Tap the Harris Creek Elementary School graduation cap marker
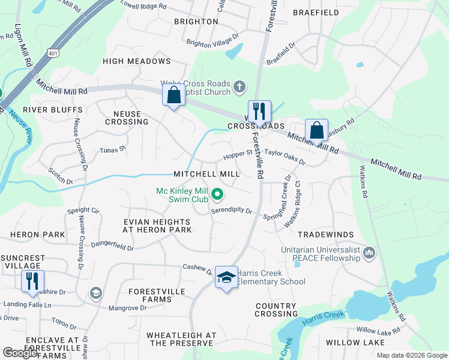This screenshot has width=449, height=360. point(226,277)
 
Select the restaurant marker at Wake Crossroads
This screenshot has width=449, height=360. point(259,112)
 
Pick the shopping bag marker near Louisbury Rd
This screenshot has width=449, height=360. point(316,130)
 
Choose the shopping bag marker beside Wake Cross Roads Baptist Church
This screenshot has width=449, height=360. point(173,95)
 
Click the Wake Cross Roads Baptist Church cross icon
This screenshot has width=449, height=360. point(239,86)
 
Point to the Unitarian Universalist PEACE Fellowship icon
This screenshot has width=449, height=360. point(368,254)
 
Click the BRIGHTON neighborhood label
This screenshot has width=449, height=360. point(196,22)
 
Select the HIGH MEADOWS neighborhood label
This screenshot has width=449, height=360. point(137,61)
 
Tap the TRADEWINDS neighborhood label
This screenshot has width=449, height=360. point(325,234)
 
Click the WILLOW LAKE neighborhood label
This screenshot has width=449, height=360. point(351,343)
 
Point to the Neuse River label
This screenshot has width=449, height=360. point(20,125)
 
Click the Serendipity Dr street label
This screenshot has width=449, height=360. point(232,211)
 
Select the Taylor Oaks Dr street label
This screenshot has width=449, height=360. point(285,158)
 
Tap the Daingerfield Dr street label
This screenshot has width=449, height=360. point(112,244)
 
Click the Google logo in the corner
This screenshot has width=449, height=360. point(20,353)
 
